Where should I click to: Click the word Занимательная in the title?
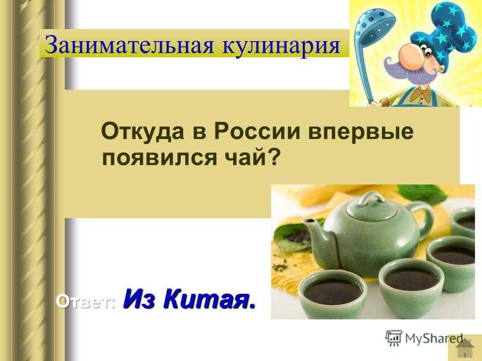(x=129, y=45)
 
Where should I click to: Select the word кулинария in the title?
(x=281, y=45)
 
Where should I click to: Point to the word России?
(x=257, y=131)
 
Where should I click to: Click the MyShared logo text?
(x=434, y=338)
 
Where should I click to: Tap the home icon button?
(x=464, y=348)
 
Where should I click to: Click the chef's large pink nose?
(x=410, y=57)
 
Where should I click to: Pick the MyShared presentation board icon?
(x=394, y=338)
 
